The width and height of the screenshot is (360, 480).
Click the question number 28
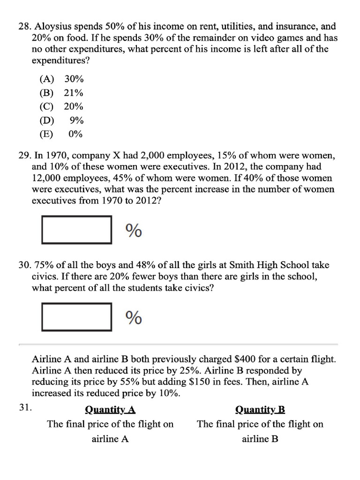click(x=23, y=27)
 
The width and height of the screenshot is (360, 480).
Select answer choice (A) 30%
click(x=61, y=79)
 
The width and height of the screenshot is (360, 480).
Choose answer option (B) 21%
click(x=61, y=93)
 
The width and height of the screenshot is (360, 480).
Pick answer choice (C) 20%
click(x=61, y=106)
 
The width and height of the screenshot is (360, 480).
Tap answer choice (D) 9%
click(x=61, y=120)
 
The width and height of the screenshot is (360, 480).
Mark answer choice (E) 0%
click(x=61, y=134)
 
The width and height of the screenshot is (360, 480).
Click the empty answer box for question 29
click(x=77, y=230)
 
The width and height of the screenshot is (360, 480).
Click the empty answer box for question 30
click(x=77, y=317)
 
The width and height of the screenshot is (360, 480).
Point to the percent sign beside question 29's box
click(x=134, y=230)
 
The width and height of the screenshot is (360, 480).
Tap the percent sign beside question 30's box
click(x=134, y=318)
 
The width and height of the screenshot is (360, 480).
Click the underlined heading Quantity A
click(x=110, y=410)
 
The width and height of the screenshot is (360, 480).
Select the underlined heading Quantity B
click(x=260, y=410)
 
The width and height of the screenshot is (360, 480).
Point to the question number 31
click(x=25, y=407)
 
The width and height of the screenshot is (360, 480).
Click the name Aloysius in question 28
click(x=54, y=27)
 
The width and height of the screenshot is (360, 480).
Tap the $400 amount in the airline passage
click(x=244, y=360)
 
